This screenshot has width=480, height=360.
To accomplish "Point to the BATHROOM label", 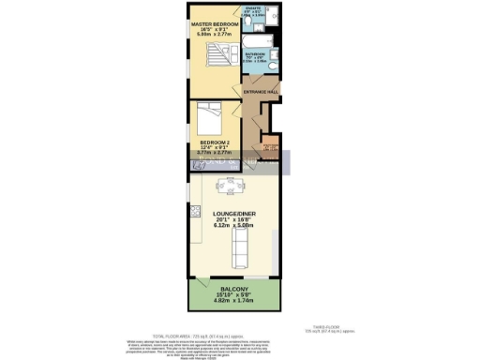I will tap(257, 54).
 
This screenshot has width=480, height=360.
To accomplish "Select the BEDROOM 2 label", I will tap(214, 143).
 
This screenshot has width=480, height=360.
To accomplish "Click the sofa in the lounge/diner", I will tap(240, 249).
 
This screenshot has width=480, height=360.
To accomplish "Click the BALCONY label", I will tap(234, 290).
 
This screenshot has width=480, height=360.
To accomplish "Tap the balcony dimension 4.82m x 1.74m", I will tap(234, 302).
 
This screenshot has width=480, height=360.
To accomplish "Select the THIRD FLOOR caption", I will tap(339, 327).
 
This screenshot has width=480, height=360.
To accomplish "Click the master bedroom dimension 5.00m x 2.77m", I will tap(212, 35).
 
